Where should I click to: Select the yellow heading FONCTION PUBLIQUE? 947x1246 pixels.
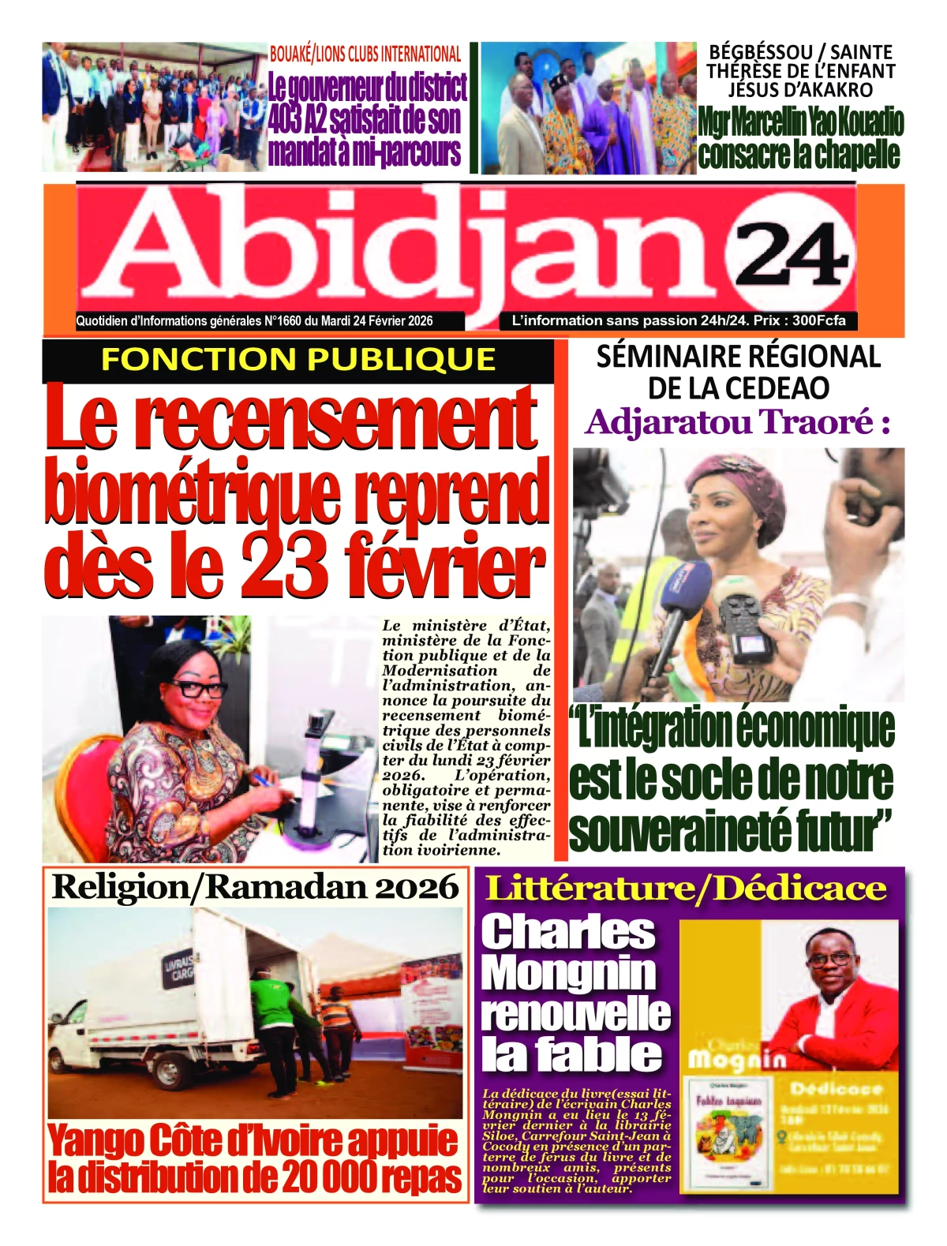pyautogui.click(x=298, y=359)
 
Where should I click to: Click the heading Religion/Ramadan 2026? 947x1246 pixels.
pyautogui.click(x=255, y=887)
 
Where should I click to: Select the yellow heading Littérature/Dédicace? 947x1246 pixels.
pyautogui.click(x=685, y=888)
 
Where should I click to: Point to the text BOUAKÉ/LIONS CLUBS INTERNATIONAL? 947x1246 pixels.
pyautogui.click(x=365, y=54)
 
